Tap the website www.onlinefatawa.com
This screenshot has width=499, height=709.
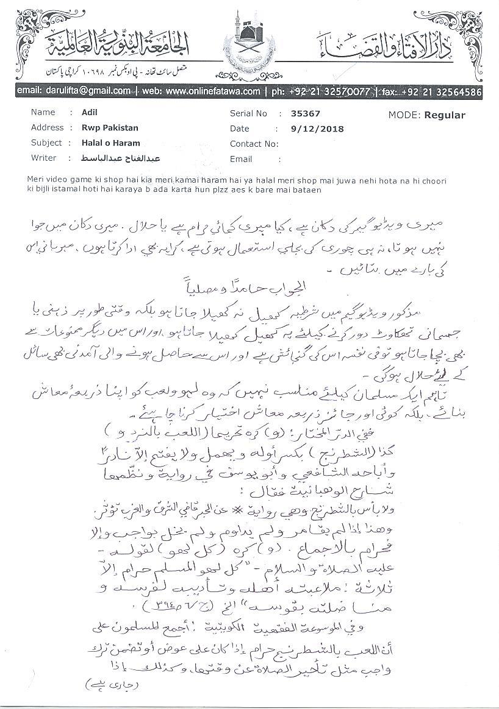(212, 91)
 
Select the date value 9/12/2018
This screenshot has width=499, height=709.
(318, 129)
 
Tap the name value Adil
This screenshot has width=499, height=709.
(89, 113)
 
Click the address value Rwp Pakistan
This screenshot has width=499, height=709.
(110, 128)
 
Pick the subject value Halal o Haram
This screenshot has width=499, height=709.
(110, 143)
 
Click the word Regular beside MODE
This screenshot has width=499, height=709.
(445, 115)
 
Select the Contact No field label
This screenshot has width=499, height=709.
(254, 144)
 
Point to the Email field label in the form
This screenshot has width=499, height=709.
(241, 159)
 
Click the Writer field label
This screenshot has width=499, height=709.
(43, 158)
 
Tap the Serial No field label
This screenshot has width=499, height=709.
(248, 113)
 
